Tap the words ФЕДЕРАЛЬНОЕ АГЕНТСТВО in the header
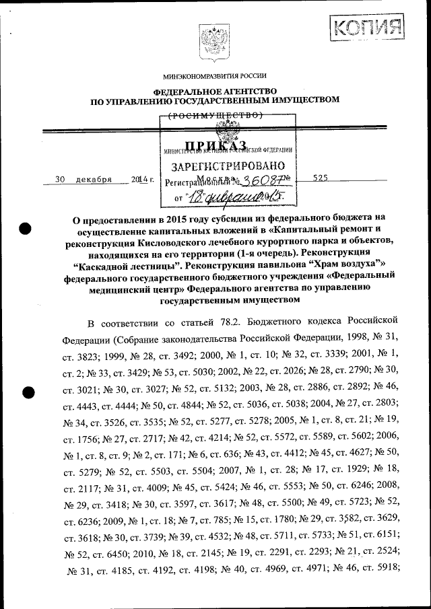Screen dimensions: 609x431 pyautogui.click(x=215, y=91)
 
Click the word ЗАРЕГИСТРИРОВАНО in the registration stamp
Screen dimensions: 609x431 pyautogui.click(x=228, y=166)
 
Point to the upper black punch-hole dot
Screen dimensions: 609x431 pyautogui.click(x=26, y=228)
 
